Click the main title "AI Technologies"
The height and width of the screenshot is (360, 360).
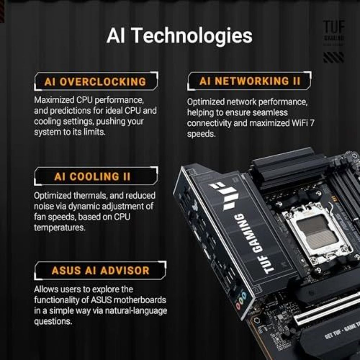(x=179, y=36)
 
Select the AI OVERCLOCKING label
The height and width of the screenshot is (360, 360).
(x=95, y=82)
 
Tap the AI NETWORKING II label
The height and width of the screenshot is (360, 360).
(x=250, y=81)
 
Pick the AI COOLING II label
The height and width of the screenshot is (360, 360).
(x=92, y=176)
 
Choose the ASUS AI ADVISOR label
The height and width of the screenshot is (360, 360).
(x=100, y=270)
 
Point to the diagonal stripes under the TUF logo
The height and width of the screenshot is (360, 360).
(x=333, y=57)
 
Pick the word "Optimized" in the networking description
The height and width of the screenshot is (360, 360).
(x=206, y=102)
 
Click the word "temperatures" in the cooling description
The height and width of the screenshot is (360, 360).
(x=59, y=227)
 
